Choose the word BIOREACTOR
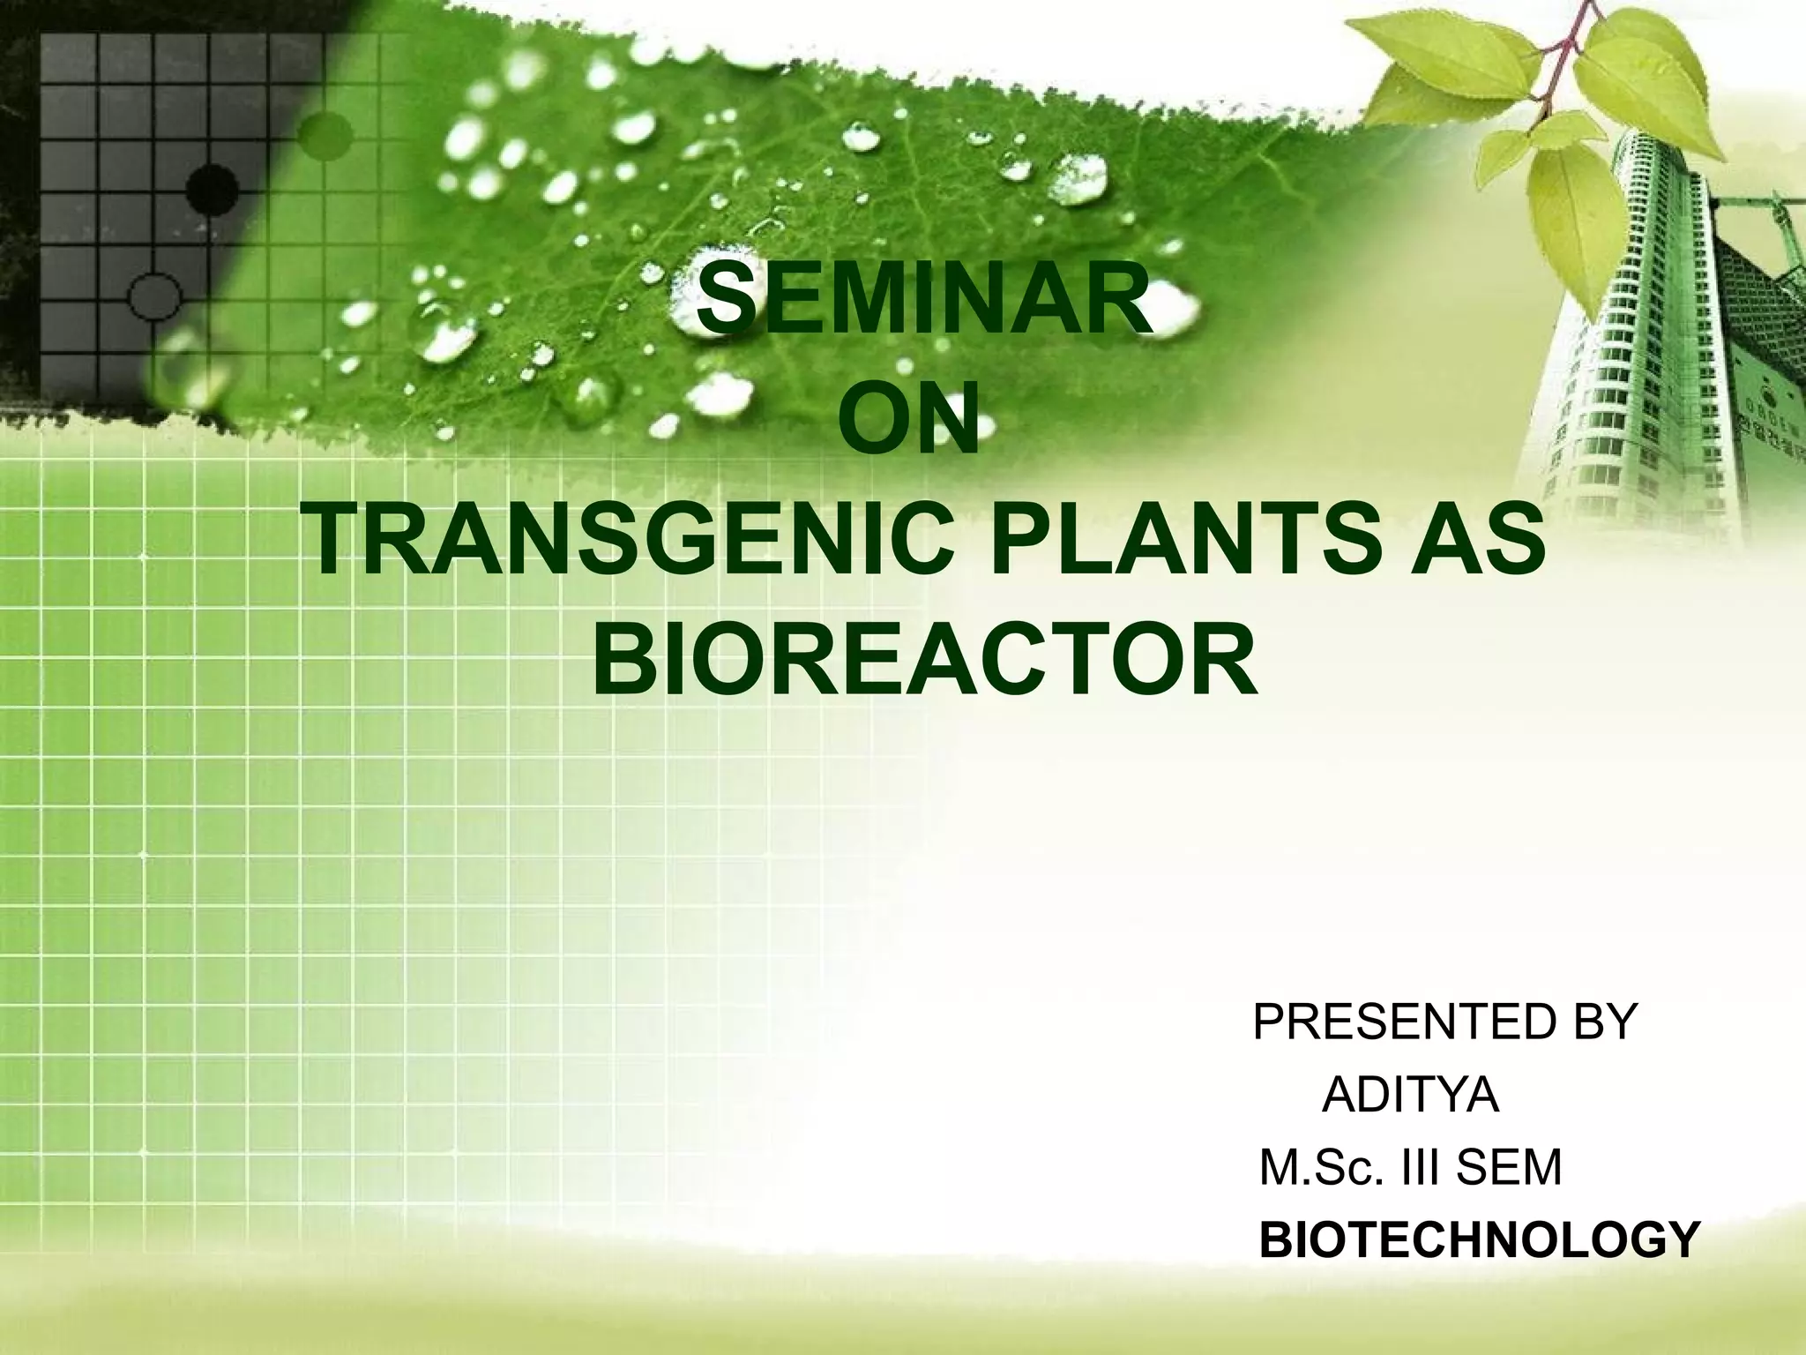point(925,662)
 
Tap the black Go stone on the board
point(213,187)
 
